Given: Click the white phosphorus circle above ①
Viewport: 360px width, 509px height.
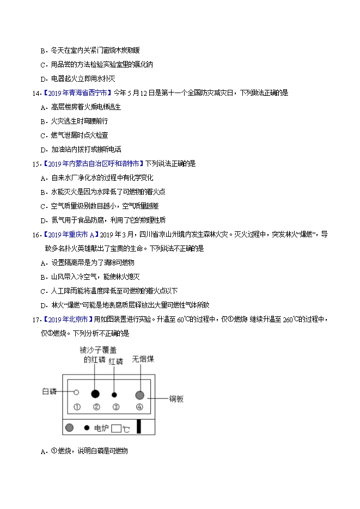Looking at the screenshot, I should pos(77,392).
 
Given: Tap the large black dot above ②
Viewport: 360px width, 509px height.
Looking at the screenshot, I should pos(95,393).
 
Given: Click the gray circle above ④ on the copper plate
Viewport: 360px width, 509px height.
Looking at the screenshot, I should pos(140,395).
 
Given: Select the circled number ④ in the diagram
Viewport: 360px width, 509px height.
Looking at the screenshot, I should pos(140,407).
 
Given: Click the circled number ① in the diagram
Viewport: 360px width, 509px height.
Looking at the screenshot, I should pos(77,407).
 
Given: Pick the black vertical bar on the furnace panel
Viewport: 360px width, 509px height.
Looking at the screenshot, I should pos(139,426).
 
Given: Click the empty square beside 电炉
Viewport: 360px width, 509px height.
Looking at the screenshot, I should pos(115,428).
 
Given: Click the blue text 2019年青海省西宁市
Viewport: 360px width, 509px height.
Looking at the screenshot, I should pos(77,93).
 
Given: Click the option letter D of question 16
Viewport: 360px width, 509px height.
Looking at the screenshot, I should pos(43,305).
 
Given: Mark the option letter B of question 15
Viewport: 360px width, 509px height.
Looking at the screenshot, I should pos(43,192).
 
